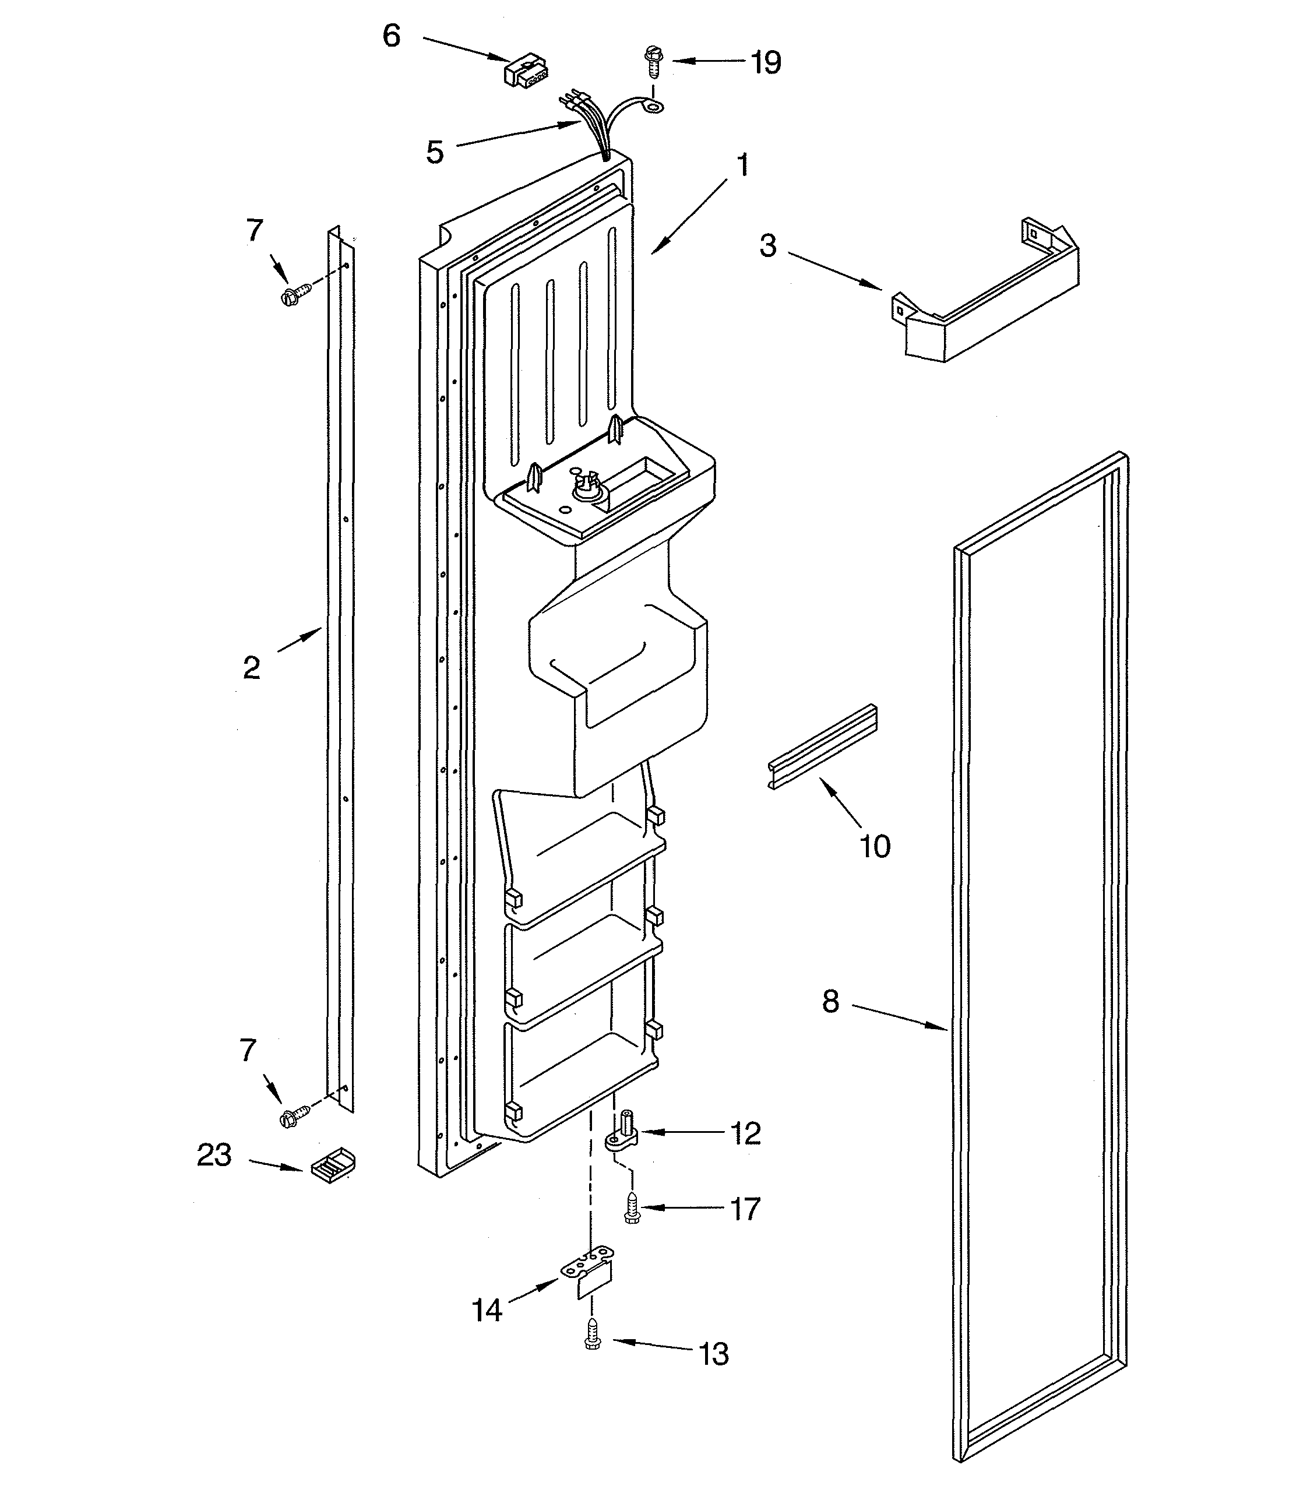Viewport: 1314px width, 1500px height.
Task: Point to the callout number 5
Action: point(435,153)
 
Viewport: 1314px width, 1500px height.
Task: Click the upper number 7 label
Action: point(253,230)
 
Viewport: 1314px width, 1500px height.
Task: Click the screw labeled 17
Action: point(631,1207)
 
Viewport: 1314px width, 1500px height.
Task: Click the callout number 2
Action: point(252,668)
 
